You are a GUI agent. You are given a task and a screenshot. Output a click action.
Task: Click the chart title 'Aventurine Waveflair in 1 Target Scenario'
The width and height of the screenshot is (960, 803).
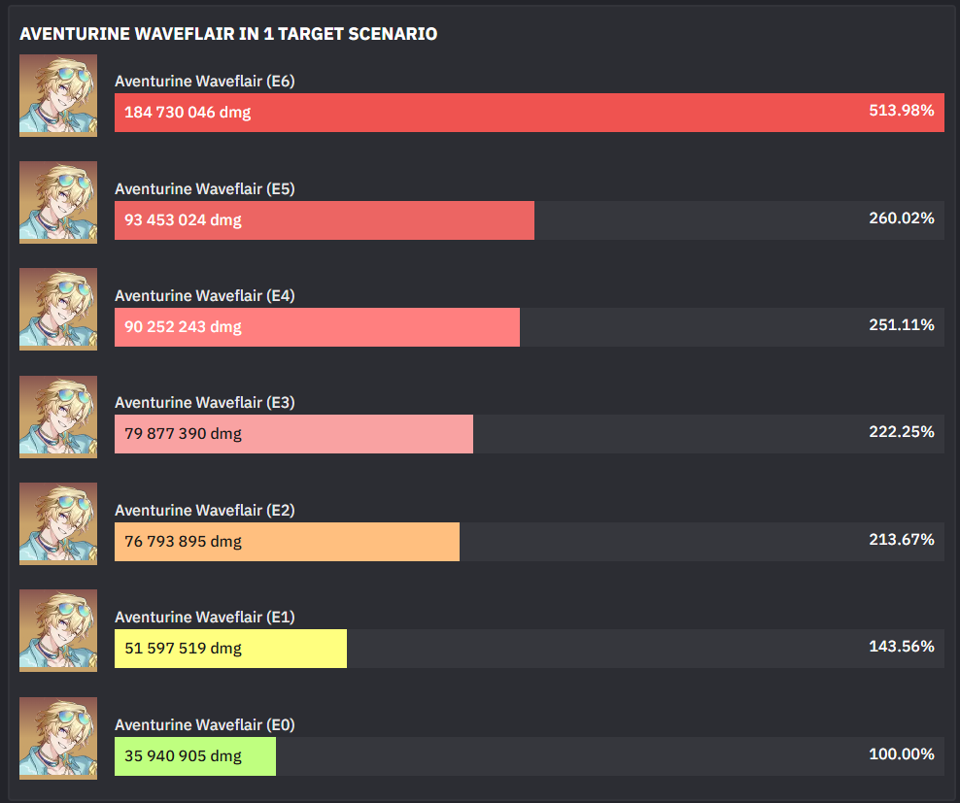[228, 34]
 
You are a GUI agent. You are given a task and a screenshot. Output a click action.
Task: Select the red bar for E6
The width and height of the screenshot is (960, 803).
[529, 113]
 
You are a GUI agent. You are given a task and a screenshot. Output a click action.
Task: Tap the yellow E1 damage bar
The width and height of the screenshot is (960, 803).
[230, 649]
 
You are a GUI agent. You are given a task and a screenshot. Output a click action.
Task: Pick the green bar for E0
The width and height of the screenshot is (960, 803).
[194, 756]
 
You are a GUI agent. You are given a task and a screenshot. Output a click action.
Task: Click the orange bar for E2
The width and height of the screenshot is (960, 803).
[287, 542]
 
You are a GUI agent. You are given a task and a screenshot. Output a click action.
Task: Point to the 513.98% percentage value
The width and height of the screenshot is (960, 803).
[902, 111]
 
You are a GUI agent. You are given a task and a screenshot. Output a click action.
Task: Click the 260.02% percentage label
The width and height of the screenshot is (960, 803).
[902, 218]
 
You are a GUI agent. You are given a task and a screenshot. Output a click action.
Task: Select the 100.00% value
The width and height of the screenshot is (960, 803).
[902, 754]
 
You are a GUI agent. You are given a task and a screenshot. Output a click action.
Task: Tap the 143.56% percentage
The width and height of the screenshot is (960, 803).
[902, 647]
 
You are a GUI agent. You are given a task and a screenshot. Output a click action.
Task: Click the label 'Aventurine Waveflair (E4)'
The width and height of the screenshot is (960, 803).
[204, 295]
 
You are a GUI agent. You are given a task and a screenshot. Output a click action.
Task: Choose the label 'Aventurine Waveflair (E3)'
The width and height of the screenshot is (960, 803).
[204, 403]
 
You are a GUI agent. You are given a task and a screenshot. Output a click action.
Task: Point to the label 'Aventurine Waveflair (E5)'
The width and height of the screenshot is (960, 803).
[204, 188]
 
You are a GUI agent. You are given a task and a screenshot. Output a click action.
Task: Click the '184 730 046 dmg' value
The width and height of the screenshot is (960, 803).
[188, 113]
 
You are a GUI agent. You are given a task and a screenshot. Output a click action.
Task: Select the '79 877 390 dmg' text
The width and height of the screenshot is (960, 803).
[183, 434]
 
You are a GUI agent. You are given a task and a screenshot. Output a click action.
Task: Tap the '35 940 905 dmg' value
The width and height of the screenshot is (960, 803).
[183, 756]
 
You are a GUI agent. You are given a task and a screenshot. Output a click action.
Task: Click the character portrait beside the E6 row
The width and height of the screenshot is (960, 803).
[58, 95]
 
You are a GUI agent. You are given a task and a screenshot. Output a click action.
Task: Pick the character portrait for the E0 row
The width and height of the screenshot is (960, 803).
[58, 738]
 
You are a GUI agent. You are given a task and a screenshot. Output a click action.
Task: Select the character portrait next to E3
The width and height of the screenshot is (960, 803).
[58, 417]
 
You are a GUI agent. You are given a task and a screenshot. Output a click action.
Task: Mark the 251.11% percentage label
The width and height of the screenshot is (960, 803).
[902, 325]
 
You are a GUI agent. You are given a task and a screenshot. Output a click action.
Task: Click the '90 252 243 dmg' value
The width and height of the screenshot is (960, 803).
[183, 327]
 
